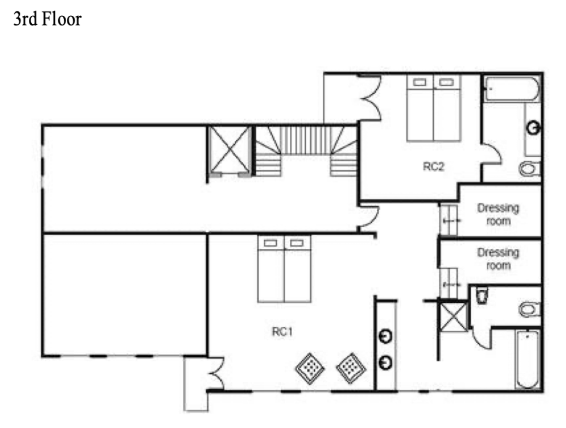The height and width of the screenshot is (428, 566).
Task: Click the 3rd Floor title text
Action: click(48, 19)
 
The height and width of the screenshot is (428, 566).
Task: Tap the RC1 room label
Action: click(282, 331)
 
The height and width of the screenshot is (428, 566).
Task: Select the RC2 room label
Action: click(434, 166)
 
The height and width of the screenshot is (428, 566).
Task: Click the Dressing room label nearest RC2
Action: click(498, 214)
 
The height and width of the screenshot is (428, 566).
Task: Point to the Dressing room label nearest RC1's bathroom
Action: click(498, 259)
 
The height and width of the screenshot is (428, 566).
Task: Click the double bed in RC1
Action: click(285, 269)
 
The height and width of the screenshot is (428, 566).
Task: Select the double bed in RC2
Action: click(434, 108)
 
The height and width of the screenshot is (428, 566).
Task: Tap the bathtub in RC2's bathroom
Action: click(512, 89)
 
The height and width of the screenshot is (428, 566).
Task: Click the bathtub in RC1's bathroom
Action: click(528, 359)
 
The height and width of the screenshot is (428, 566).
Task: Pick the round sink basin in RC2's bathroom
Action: click(534, 128)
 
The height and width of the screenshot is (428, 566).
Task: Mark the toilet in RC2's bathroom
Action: click(530, 168)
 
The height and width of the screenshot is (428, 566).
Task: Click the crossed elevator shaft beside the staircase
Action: click(230, 150)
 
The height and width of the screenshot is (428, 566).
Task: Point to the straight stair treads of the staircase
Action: click(306, 140)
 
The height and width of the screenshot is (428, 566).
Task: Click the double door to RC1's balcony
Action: click(216, 373)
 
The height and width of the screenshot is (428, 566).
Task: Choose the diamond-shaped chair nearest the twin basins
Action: click(351, 368)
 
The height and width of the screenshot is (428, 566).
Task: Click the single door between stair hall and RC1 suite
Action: click(369, 217)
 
